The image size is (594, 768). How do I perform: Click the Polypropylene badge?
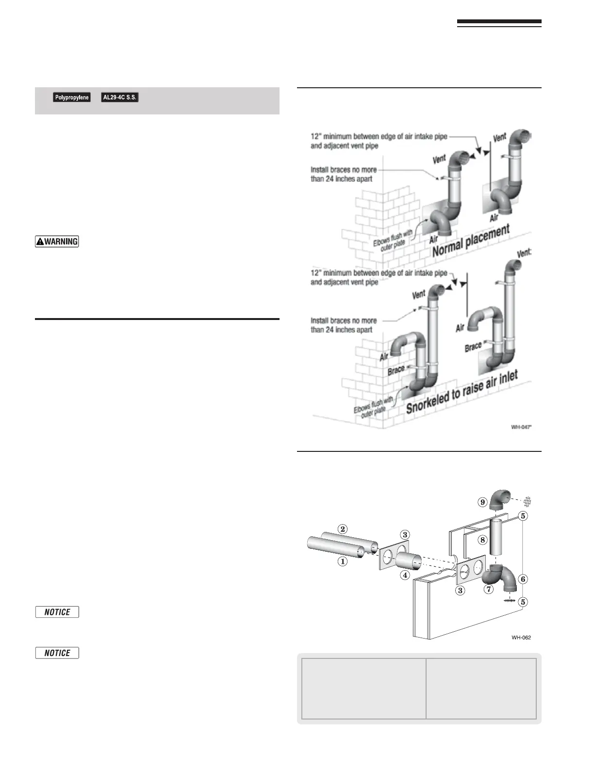(x=72, y=97)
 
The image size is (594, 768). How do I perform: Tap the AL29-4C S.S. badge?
(x=120, y=97)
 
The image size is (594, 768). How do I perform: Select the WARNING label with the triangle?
(x=57, y=241)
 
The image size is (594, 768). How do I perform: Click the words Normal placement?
(x=471, y=240)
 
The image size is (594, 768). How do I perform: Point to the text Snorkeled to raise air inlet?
(x=462, y=392)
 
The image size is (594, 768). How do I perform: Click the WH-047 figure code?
(x=521, y=427)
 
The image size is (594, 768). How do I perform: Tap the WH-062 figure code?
(x=521, y=637)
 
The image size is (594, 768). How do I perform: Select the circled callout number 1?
(x=343, y=562)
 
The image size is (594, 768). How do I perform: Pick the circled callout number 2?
(x=343, y=529)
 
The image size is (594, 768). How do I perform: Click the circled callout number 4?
(x=405, y=576)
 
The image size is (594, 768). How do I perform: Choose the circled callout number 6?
(x=523, y=579)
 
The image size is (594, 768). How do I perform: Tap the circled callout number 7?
(x=489, y=590)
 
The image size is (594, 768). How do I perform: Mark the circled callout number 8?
(x=482, y=540)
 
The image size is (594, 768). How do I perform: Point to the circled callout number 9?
(x=482, y=502)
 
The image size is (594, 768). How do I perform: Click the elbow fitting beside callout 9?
(x=499, y=500)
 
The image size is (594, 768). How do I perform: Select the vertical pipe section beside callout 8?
(x=496, y=537)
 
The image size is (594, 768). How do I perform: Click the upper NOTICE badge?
(x=57, y=612)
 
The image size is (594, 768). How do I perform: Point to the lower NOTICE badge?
(x=57, y=653)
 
